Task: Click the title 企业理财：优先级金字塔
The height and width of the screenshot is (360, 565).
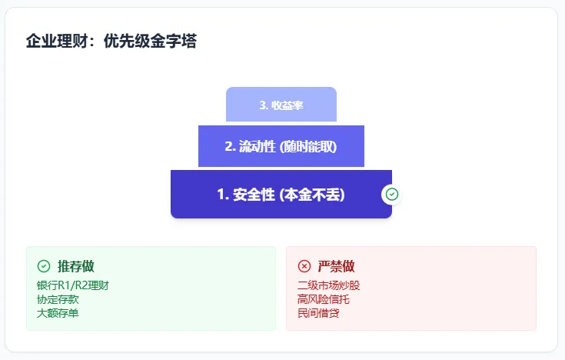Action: point(111,42)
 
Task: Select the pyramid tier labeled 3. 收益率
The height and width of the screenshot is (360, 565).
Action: point(281,105)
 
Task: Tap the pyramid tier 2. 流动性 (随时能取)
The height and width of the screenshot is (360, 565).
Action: point(281,146)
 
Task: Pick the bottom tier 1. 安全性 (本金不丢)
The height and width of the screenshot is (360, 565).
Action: point(281,195)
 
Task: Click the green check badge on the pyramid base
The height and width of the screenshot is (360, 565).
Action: point(392,195)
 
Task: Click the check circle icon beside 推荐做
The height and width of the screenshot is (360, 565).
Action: point(44,266)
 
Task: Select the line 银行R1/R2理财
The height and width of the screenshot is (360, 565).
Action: point(73,285)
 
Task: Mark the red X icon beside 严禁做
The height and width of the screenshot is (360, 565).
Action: point(304,266)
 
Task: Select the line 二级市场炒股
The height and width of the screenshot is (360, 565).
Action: point(328,285)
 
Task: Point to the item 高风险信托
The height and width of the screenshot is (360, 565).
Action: point(323,299)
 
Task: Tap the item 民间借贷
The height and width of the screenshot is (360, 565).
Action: point(318,313)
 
